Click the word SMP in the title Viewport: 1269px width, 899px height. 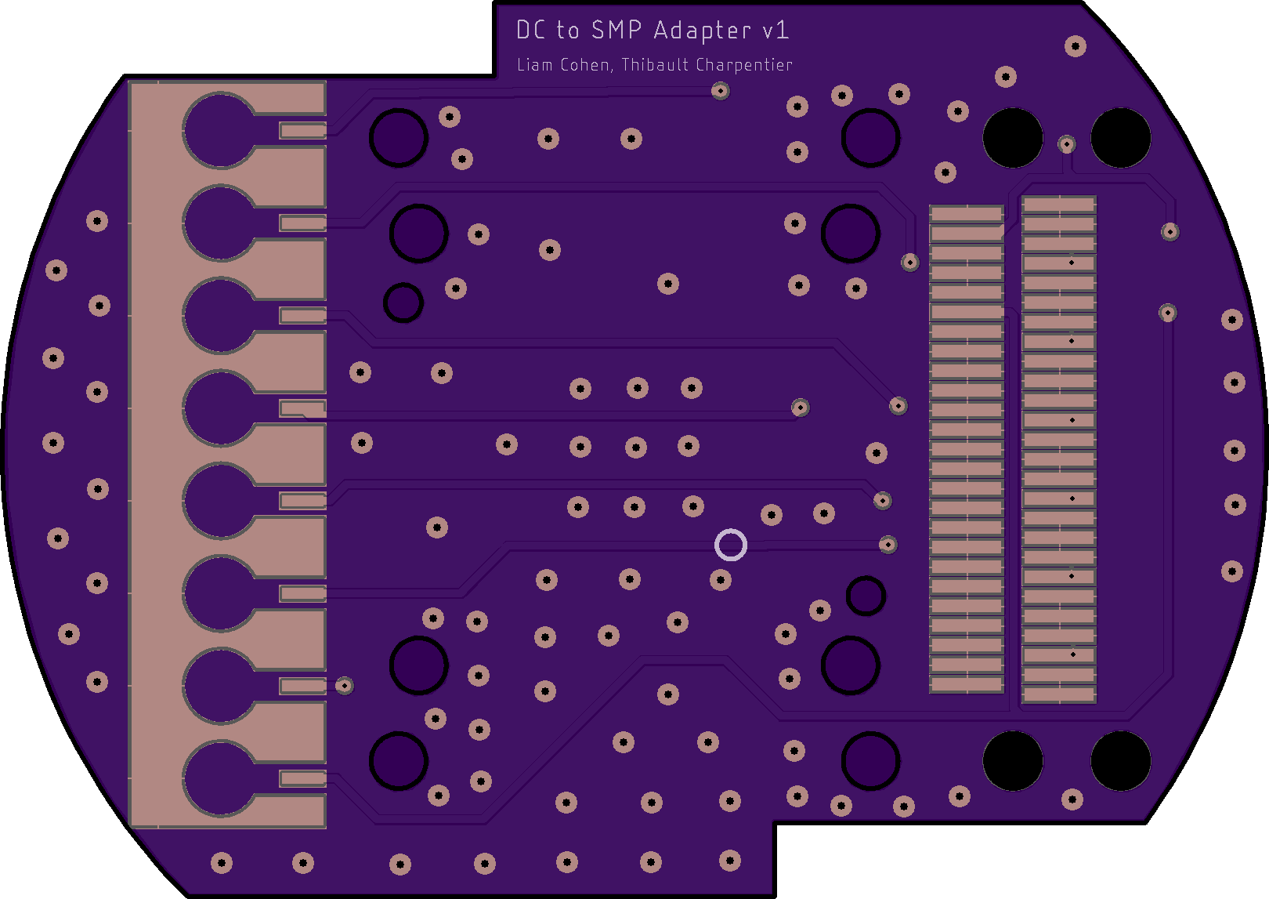616,31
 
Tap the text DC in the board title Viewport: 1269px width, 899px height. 531,31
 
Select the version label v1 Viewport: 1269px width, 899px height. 775,31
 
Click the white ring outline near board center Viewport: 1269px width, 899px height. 731,545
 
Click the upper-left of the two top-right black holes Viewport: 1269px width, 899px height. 1012,137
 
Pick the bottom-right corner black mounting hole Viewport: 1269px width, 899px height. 1120,760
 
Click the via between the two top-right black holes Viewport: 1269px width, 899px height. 1066,144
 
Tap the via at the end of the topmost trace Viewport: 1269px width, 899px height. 721,91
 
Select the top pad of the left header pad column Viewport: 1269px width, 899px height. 966,214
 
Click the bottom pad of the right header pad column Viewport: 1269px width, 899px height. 1058,694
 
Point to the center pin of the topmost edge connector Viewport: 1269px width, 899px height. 302,130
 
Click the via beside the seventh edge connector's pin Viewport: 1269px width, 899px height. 344,686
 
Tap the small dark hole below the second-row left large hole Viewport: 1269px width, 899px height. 403,303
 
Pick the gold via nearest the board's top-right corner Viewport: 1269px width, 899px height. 1076,46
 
